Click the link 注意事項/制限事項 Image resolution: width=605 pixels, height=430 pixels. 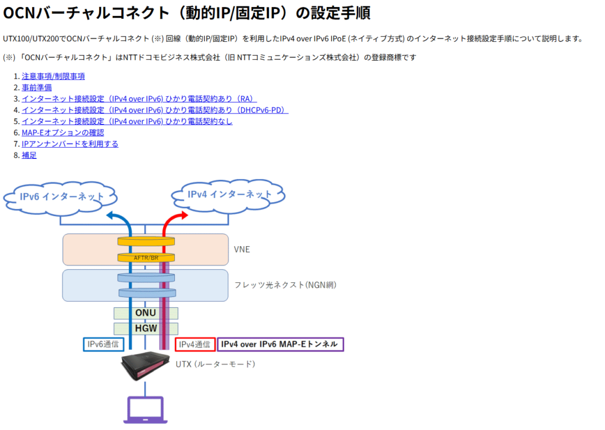click(x=53, y=76)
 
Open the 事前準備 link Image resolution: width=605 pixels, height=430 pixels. click(x=37, y=87)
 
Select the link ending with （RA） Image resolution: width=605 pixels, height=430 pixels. click(x=139, y=99)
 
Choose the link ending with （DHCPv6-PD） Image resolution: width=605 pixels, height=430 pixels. click(x=155, y=110)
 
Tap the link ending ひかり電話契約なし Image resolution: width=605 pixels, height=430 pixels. click(x=127, y=121)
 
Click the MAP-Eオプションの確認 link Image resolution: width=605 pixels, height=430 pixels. click(x=63, y=133)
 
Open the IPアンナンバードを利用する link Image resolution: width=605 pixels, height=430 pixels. click(x=70, y=144)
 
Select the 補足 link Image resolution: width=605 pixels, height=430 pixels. click(x=29, y=155)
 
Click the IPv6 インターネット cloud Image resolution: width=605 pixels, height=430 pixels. click(x=61, y=198)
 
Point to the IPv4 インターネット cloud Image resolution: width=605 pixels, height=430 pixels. click(x=229, y=196)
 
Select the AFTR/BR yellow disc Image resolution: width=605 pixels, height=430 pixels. click(x=147, y=258)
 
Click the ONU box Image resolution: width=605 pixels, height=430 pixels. click(x=146, y=313)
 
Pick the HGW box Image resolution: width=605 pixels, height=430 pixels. click(x=146, y=328)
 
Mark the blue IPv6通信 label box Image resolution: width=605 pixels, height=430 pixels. click(x=103, y=344)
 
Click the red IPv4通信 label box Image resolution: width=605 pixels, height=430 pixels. click(x=195, y=344)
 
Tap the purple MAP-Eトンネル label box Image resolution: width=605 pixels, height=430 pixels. click(x=281, y=344)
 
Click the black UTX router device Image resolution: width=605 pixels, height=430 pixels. click(x=145, y=366)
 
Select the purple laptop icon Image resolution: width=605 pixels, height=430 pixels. click(x=145, y=410)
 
